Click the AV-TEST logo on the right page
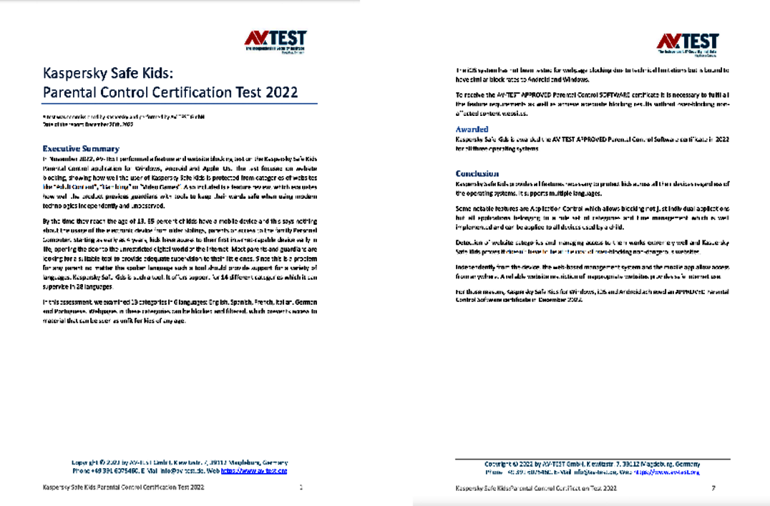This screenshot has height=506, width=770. coord(687,43)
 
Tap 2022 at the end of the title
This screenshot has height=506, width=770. coord(282,92)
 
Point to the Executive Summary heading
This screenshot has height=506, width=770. coord(80,149)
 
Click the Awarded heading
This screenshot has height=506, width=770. coord(472,129)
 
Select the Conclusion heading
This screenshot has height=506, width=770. coord(477,173)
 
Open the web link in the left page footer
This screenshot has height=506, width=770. coord(253,471)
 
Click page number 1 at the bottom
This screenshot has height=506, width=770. coord(301,487)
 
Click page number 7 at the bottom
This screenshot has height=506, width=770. coord(713,488)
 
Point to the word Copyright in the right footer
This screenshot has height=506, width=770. coord(499,464)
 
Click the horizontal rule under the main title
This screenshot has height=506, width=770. coord(180,104)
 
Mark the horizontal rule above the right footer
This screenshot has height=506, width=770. coord(593,459)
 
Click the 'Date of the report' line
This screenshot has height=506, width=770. coord(88,124)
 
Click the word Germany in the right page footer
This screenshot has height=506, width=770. coord(687,464)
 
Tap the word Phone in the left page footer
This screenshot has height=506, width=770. coord(82,471)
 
